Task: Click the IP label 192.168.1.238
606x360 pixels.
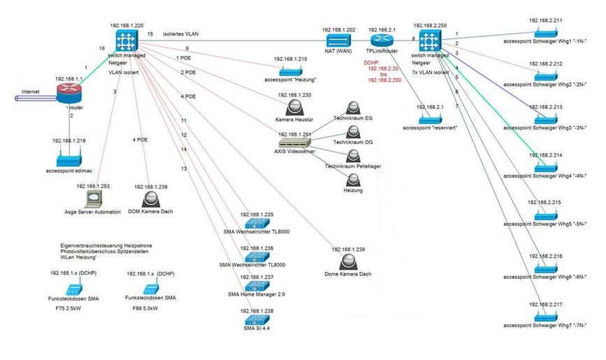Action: [x=257, y=310]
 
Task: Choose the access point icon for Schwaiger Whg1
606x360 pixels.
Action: [x=544, y=32]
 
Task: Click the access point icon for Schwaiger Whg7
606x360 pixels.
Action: [x=544, y=316]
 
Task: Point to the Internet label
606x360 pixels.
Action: [x=31, y=92]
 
